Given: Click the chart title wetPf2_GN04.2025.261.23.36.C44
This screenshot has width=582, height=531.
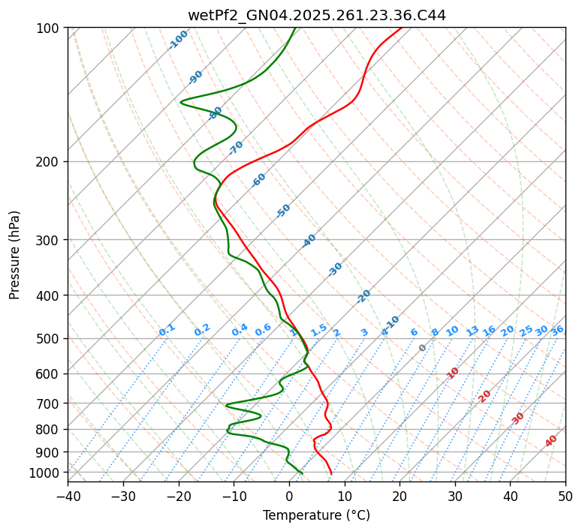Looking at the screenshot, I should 316,15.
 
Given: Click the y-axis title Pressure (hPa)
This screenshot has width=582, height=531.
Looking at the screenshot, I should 15,255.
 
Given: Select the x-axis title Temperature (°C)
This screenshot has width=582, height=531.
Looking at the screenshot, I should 316,516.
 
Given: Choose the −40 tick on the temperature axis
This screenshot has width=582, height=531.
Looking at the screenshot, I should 68,496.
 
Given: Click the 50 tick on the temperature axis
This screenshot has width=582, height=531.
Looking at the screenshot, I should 565,496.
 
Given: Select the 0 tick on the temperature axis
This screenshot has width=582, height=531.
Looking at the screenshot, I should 289,496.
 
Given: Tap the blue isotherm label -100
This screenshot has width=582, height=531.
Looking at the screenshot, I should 178,40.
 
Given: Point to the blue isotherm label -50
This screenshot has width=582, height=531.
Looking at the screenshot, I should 283,211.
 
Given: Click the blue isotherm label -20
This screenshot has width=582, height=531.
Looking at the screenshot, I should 363,296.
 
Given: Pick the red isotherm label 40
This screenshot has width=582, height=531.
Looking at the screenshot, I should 551,441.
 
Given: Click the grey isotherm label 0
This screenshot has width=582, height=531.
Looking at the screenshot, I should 422,348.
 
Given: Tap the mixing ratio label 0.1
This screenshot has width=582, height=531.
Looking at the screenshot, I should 167,330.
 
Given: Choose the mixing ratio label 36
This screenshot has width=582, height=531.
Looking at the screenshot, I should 557,330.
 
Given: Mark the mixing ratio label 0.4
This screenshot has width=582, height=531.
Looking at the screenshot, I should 240,330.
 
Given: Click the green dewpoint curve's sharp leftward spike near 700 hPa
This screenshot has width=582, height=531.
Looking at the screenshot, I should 227,405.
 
